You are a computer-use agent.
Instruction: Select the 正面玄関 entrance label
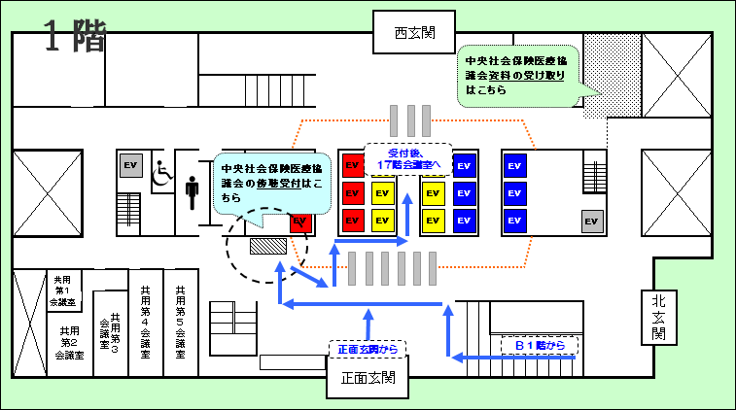(368, 378)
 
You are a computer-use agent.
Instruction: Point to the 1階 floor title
(74, 38)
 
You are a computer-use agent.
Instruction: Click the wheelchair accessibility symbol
(161, 172)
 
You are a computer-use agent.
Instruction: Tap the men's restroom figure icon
(192, 191)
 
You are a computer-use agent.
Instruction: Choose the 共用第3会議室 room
(110, 332)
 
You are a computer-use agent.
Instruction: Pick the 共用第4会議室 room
(145, 324)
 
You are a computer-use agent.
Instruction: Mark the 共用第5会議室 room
(180, 324)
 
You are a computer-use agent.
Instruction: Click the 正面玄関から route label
(367, 349)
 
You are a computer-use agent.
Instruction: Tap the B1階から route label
(539, 345)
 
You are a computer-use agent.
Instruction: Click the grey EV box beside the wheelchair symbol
(131, 166)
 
